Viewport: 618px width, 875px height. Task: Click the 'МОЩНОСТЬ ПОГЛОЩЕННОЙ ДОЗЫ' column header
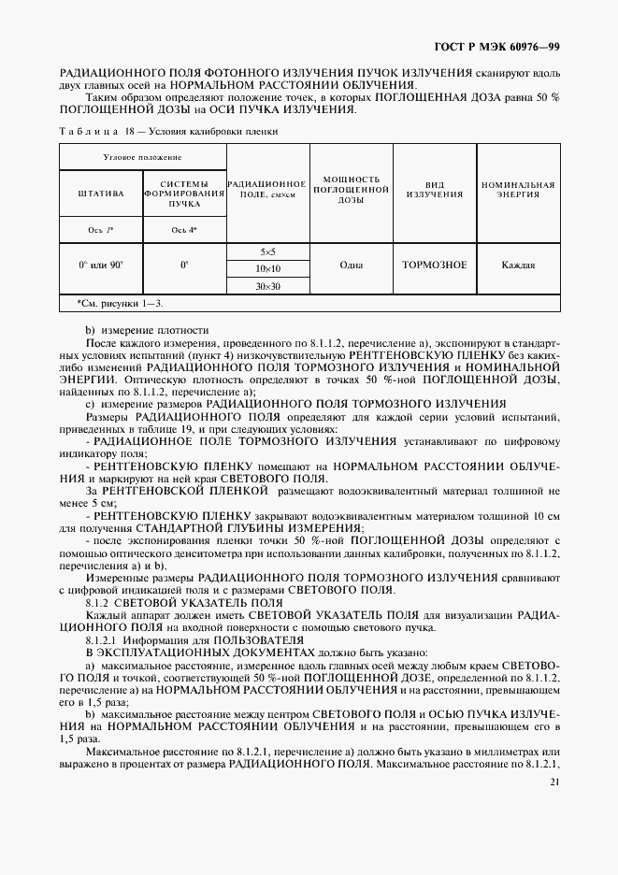click(351, 189)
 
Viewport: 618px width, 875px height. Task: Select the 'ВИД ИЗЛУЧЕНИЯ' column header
click(434, 189)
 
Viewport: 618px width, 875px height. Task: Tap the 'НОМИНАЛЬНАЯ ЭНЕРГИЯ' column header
click(517, 189)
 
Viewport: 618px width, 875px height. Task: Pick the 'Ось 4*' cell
click(183, 230)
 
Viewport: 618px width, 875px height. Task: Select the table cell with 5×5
click(267, 252)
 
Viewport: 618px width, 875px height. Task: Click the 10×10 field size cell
click(267, 269)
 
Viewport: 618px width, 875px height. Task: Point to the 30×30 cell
click(267, 286)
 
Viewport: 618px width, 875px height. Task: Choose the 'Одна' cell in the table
click(351, 265)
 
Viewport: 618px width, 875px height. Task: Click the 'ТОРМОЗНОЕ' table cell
click(434, 265)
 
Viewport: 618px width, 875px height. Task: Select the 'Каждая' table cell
click(517, 265)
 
